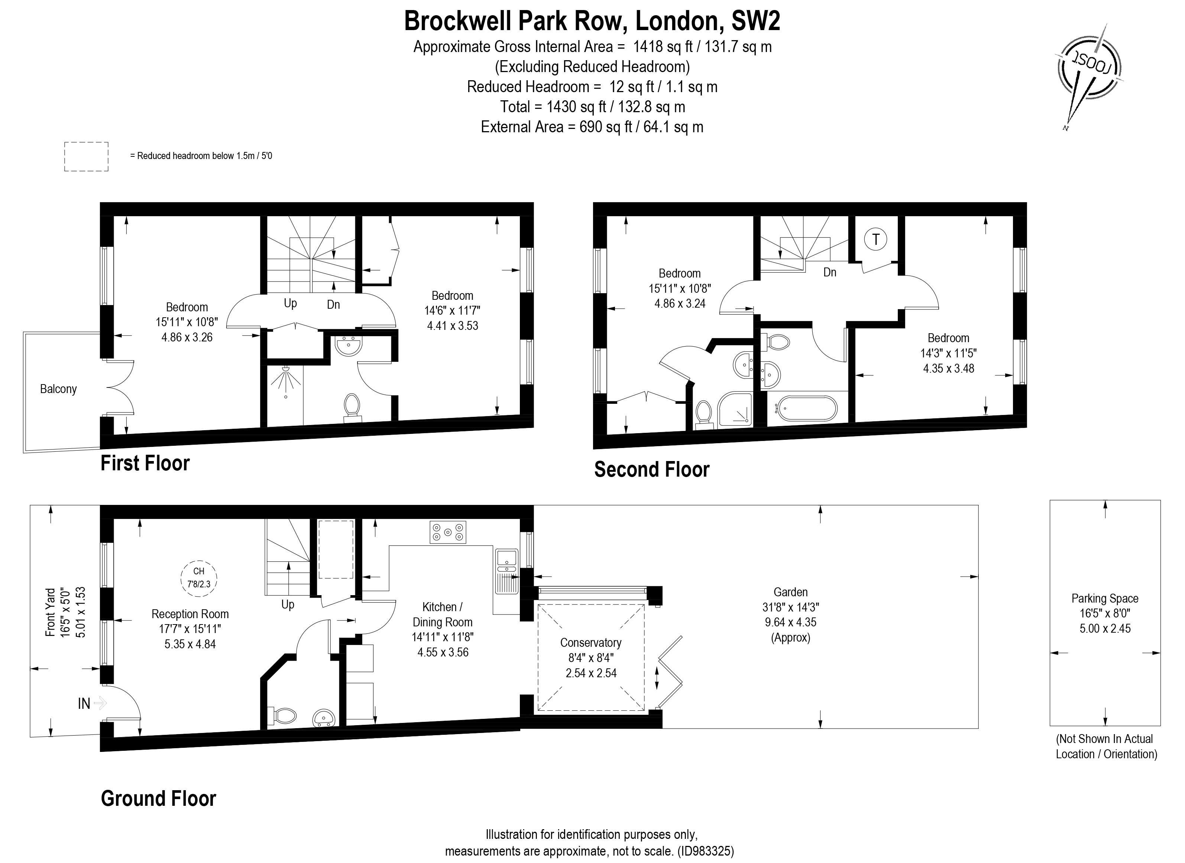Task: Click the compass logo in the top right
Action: pyautogui.click(x=1088, y=69)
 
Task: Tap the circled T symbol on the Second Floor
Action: pyautogui.click(x=876, y=240)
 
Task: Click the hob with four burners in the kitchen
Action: pyautogui.click(x=448, y=532)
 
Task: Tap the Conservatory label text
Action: pyautogui.click(x=590, y=643)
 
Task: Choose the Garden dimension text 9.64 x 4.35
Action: pyautogui.click(x=790, y=622)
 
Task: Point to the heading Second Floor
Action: pyautogui.click(x=651, y=470)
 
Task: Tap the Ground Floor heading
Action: pyautogui.click(x=158, y=799)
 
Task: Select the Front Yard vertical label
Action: pyautogui.click(x=51, y=612)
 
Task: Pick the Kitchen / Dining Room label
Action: pyautogui.click(x=443, y=614)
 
